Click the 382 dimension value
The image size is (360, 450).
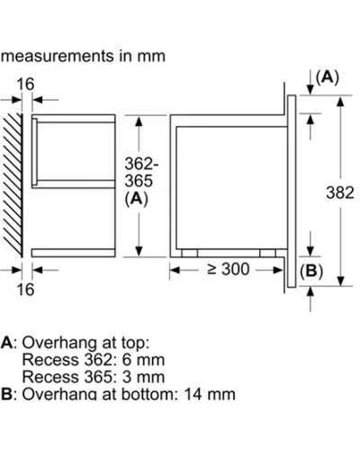[x=340, y=193]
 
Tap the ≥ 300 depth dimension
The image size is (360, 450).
[x=229, y=269]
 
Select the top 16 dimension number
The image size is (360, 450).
[x=25, y=84]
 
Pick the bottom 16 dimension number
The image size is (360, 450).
[x=25, y=290]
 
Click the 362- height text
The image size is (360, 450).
[x=141, y=164]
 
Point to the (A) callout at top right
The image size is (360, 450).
[x=328, y=77]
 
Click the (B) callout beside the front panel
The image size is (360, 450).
[x=311, y=271]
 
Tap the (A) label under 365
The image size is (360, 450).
[x=137, y=199]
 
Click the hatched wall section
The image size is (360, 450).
[x=13, y=185]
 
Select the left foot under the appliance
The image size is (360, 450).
[x=190, y=253]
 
